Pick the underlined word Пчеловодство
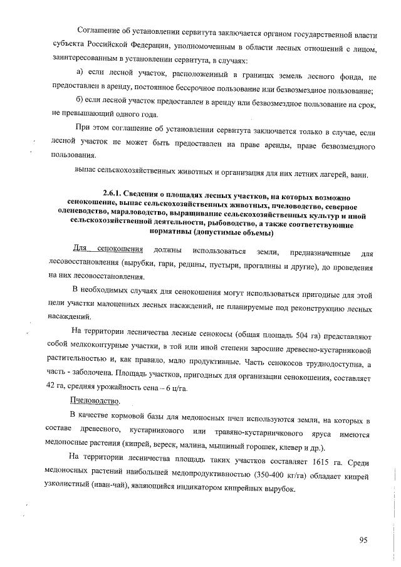coord(96,400)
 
